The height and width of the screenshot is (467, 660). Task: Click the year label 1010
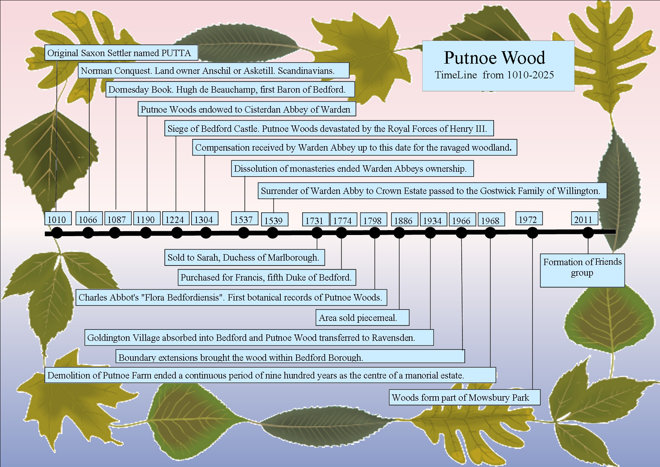57,220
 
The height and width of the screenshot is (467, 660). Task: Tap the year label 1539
274,221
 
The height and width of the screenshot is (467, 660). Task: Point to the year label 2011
583,220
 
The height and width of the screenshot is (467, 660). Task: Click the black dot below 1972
532,233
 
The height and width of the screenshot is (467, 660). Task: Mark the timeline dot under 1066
88,233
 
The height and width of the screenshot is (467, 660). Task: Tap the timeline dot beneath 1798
375,233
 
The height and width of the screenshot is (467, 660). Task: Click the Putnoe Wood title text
494,58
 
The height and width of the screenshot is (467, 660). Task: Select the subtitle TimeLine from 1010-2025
494,75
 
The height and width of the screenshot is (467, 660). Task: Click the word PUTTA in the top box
176,53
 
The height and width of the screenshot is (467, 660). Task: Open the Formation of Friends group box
582,270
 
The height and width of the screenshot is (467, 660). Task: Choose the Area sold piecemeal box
362,317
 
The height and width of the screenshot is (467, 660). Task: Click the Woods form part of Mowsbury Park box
464,397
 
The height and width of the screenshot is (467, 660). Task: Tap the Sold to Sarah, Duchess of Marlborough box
245,257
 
